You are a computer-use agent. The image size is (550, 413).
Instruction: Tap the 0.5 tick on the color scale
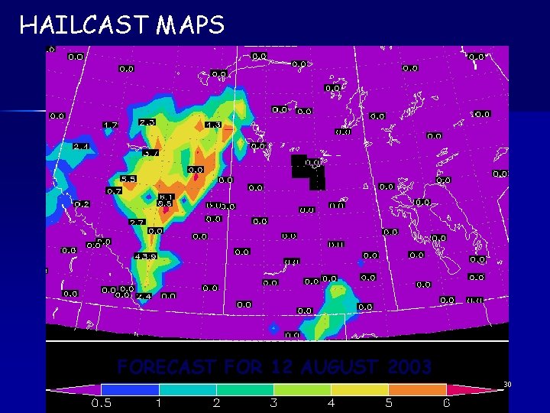[102, 402]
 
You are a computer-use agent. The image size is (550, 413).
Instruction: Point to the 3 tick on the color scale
[274, 402]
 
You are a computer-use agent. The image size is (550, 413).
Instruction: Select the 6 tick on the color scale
[446, 402]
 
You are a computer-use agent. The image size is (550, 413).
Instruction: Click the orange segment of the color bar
[417, 389]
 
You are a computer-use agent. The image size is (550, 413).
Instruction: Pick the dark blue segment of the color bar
[130, 389]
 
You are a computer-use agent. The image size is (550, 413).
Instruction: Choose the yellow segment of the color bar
[360, 389]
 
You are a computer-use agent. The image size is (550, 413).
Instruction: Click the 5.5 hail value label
[128, 179]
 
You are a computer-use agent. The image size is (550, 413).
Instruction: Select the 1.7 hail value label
[111, 125]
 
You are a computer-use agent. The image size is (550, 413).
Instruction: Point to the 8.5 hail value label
[164, 203]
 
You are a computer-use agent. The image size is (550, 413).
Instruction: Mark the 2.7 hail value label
[137, 222]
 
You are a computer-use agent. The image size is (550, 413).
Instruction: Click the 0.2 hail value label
[82, 204]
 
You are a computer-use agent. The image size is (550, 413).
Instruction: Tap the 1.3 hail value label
[213, 125]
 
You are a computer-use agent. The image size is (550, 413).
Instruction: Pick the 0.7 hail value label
[115, 190]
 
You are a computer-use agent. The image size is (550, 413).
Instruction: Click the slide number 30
[506, 383]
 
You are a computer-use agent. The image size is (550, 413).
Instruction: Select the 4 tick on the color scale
[332, 402]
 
